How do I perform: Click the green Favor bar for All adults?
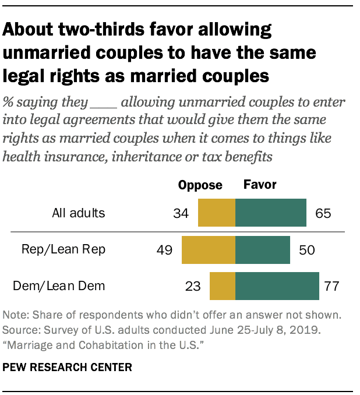271,213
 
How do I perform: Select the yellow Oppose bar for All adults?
217,213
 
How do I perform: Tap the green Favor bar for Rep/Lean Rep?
263,251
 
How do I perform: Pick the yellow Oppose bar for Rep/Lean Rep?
209,251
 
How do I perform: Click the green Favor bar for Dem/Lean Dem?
277,286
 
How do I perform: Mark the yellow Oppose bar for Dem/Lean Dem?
223,286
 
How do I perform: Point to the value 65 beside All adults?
322,213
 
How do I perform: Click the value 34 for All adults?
181,213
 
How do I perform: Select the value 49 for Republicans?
165,251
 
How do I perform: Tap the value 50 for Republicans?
306,251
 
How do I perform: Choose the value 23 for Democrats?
192,287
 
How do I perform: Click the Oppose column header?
200,185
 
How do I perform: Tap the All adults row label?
78,213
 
